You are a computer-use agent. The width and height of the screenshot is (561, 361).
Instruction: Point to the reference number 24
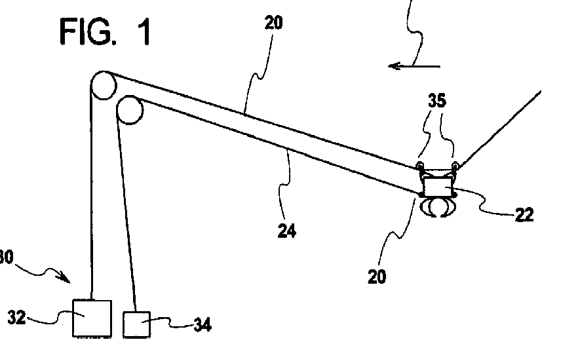point(286,230)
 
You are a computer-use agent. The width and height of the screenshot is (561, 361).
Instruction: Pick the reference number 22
point(524,214)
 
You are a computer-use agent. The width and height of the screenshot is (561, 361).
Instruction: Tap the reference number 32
point(18,318)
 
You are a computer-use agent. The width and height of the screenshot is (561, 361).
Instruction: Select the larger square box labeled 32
point(91,317)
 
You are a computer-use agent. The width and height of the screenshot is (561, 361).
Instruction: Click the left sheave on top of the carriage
point(420,165)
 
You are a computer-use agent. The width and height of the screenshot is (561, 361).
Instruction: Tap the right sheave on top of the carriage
point(454,165)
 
